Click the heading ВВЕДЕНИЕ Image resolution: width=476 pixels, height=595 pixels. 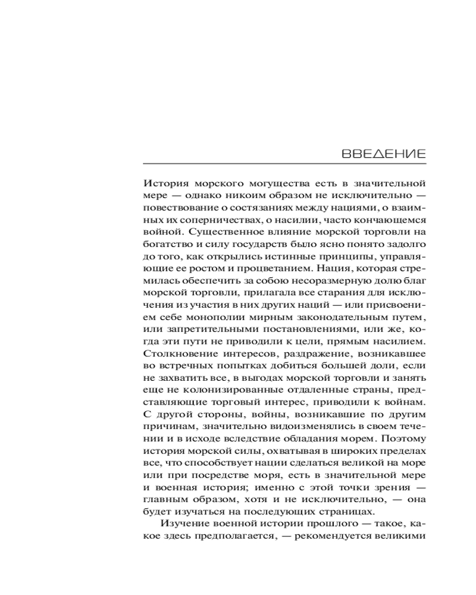pyautogui.click(x=383, y=153)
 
